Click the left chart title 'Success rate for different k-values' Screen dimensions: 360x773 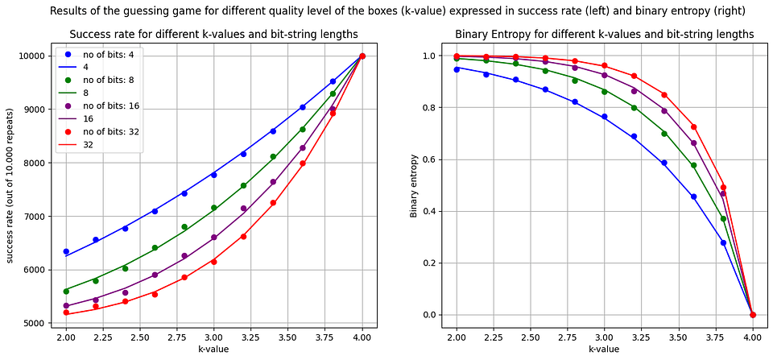pos(213,35)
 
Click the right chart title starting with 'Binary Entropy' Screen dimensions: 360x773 pos(604,35)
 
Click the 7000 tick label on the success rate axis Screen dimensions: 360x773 pos(39,216)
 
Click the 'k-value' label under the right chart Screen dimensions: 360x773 pos(603,350)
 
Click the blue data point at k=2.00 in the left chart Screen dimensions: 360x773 pos(65,252)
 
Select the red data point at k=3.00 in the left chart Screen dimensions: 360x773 pos(213,261)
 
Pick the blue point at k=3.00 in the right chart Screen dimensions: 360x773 pos(603,117)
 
